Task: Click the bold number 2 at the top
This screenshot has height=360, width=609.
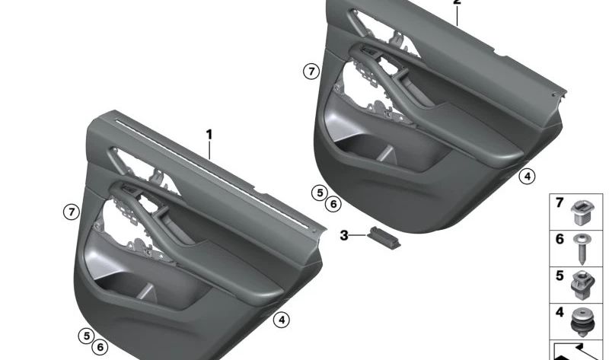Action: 457,3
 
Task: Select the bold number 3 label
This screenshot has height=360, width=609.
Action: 344,236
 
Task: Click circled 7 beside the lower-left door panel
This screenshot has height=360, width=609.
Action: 71,212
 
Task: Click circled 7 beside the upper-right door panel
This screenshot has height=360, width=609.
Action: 310,72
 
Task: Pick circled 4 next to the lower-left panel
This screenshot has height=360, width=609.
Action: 282,320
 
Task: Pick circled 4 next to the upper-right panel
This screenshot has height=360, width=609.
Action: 526,177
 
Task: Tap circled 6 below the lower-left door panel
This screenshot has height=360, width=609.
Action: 100,347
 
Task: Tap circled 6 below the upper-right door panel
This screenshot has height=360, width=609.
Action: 332,204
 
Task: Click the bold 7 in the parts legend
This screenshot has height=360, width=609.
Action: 559,203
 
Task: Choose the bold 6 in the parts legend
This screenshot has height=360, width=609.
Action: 559,239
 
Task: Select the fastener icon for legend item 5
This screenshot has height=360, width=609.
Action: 582,283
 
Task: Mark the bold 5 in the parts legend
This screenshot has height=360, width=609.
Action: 559,275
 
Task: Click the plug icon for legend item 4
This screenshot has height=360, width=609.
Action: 582,320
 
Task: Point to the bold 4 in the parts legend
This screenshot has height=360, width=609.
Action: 559,311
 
